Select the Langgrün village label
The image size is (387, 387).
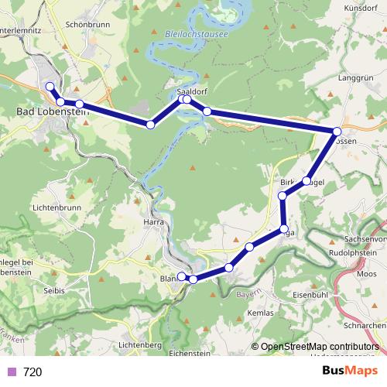356,78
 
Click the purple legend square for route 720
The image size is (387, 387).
11,372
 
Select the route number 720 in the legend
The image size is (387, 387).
33,372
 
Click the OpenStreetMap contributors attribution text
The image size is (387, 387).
318,347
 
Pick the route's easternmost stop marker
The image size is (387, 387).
337,132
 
